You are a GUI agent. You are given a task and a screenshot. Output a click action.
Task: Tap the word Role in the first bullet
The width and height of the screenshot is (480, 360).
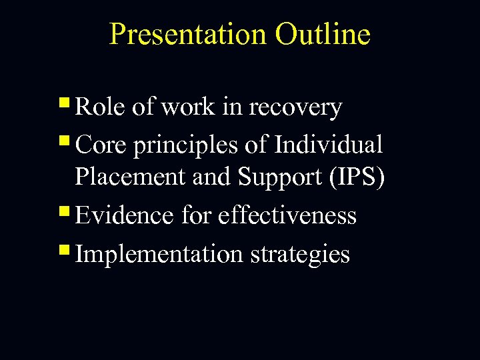tap(100, 107)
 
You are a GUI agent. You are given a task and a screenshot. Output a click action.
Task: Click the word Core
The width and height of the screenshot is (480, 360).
tap(101, 144)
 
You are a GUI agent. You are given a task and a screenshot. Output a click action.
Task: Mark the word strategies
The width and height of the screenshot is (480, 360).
tap(300, 255)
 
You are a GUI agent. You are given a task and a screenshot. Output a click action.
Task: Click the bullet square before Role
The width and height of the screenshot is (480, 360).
tap(63, 105)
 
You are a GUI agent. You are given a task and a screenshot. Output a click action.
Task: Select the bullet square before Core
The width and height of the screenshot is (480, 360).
tap(63, 141)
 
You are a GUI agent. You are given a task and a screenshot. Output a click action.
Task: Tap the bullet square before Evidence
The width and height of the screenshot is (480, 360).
tap(63, 213)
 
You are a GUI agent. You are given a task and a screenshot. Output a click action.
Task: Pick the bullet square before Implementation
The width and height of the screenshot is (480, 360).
tap(63, 251)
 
